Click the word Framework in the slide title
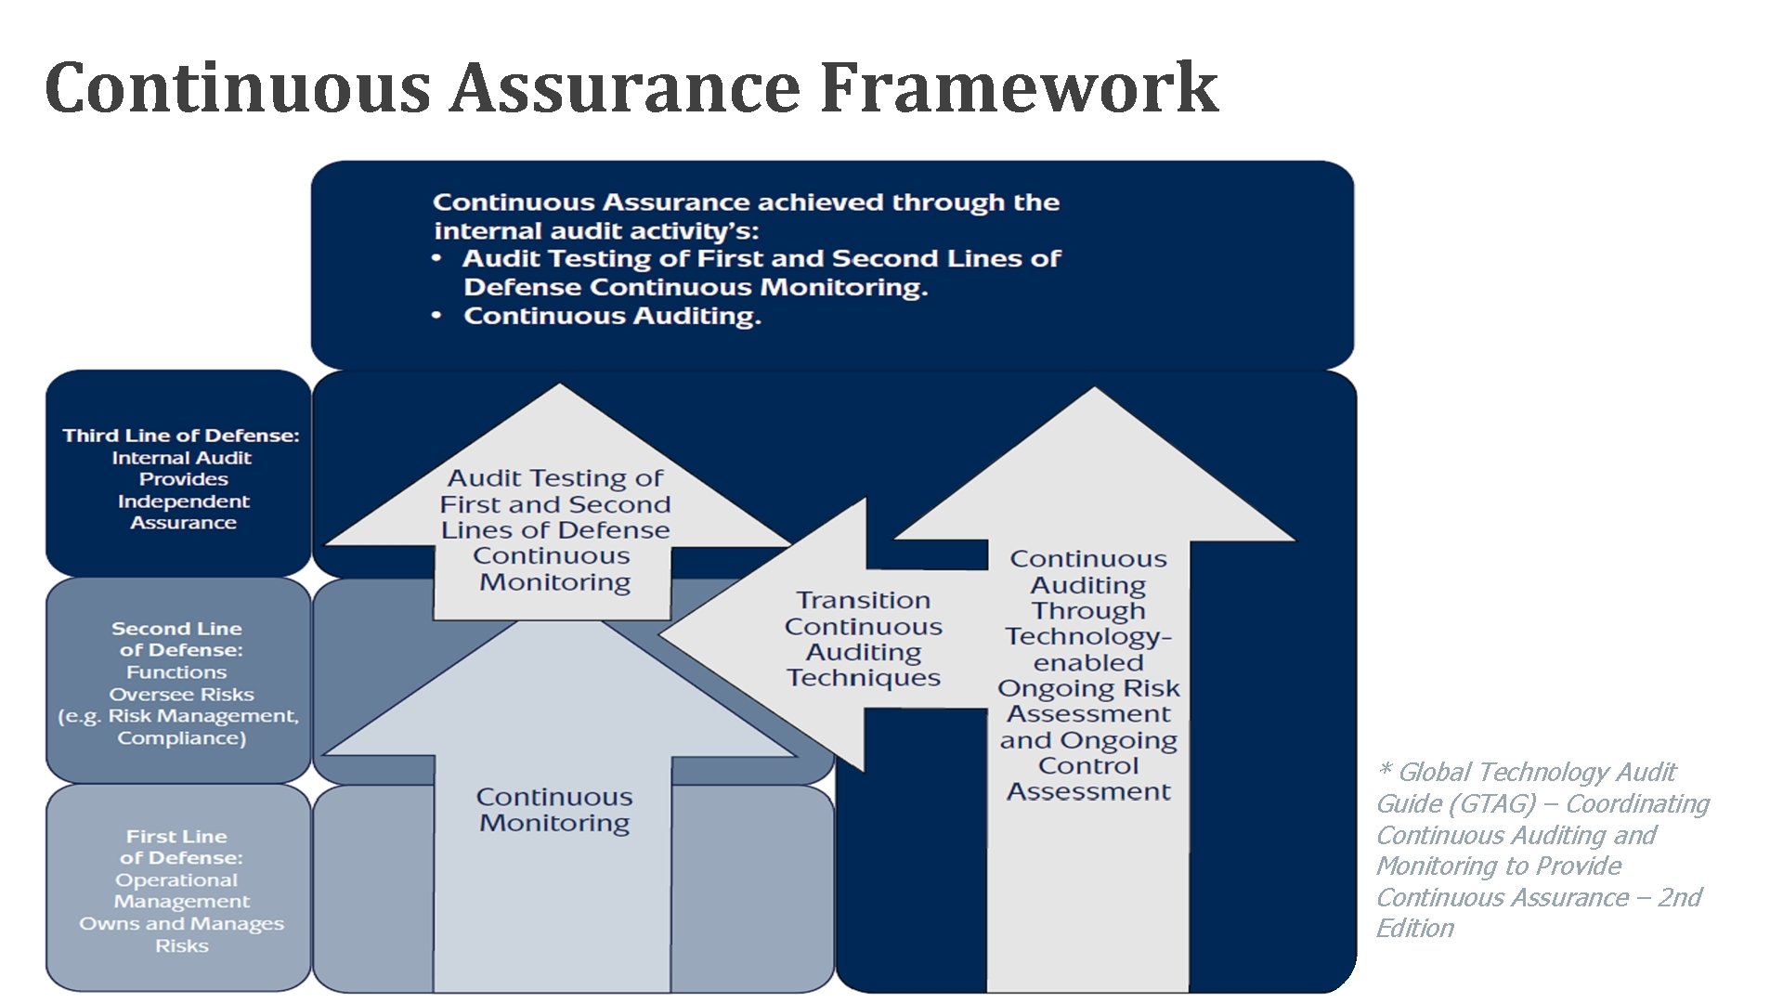(1019, 87)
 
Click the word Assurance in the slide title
(625, 87)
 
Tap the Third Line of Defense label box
(179, 474)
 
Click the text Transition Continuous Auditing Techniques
(864, 639)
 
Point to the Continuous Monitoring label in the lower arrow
(554, 810)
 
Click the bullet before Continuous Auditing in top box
(436, 317)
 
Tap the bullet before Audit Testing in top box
(436, 259)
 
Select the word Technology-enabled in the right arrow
(1088, 649)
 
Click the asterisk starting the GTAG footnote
(1385, 770)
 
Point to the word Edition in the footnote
(1414, 929)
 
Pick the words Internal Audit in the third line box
(182, 458)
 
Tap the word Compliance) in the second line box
(182, 738)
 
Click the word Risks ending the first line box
(182, 946)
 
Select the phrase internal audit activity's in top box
(596, 231)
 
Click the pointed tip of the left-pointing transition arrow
(663, 636)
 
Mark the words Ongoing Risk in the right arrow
(1088, 689)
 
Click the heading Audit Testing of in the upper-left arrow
(555, 478)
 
